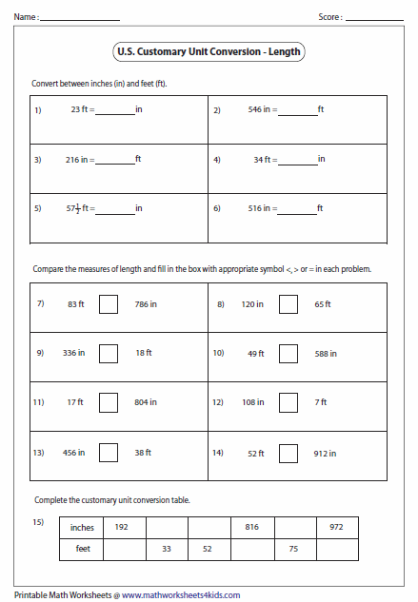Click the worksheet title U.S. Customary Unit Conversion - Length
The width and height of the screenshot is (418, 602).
click(209, 54)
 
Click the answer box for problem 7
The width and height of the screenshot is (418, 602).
click(109, 304)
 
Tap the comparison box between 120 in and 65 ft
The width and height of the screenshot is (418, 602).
click(289, 304)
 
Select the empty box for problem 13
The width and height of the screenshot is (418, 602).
click(109, 453)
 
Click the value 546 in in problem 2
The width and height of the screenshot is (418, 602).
click(259, 110)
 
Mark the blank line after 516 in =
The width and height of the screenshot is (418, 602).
click(297, 211)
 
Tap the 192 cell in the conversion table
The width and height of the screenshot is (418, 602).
click(122, 526)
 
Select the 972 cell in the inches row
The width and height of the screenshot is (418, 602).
click(336, 526)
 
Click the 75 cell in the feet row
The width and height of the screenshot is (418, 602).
click(293, 549)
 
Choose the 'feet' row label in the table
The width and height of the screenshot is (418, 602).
click(82, 549)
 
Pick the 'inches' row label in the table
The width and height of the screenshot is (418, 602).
click(82, 526)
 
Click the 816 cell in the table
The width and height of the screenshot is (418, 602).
click(251, 526)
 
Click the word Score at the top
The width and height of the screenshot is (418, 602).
click(329, 17)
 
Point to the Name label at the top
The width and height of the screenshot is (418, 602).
click(24, 17)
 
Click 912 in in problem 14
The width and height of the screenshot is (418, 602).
click(325, 454)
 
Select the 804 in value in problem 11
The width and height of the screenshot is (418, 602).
click(146, 403)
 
